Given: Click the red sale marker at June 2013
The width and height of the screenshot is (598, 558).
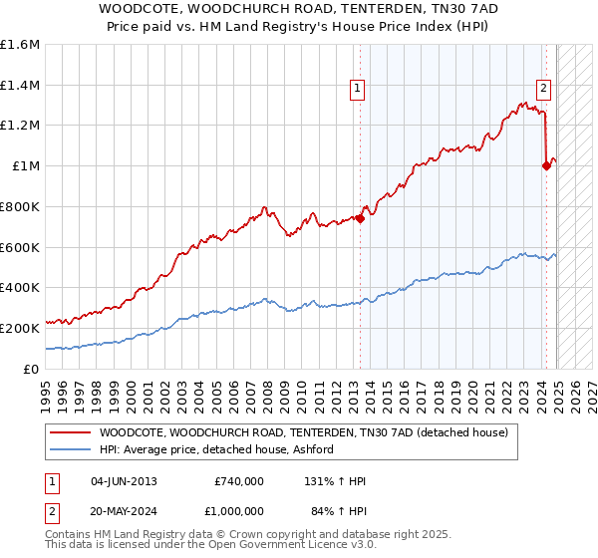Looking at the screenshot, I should tap(360, 219).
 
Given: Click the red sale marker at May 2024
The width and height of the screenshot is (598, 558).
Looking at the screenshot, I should tap(546, 166).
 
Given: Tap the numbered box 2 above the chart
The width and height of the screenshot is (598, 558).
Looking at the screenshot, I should tap(543, 88).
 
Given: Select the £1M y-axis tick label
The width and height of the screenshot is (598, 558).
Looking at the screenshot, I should tap(25, 166).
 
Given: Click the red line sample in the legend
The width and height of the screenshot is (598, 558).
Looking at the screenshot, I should tap(70, 432).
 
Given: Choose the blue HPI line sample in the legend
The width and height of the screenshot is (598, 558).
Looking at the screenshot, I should tap(70, 449).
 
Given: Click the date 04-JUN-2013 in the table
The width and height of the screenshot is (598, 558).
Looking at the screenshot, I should tap(124, 481).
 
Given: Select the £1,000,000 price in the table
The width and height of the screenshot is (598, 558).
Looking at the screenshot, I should tap(239, 510).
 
